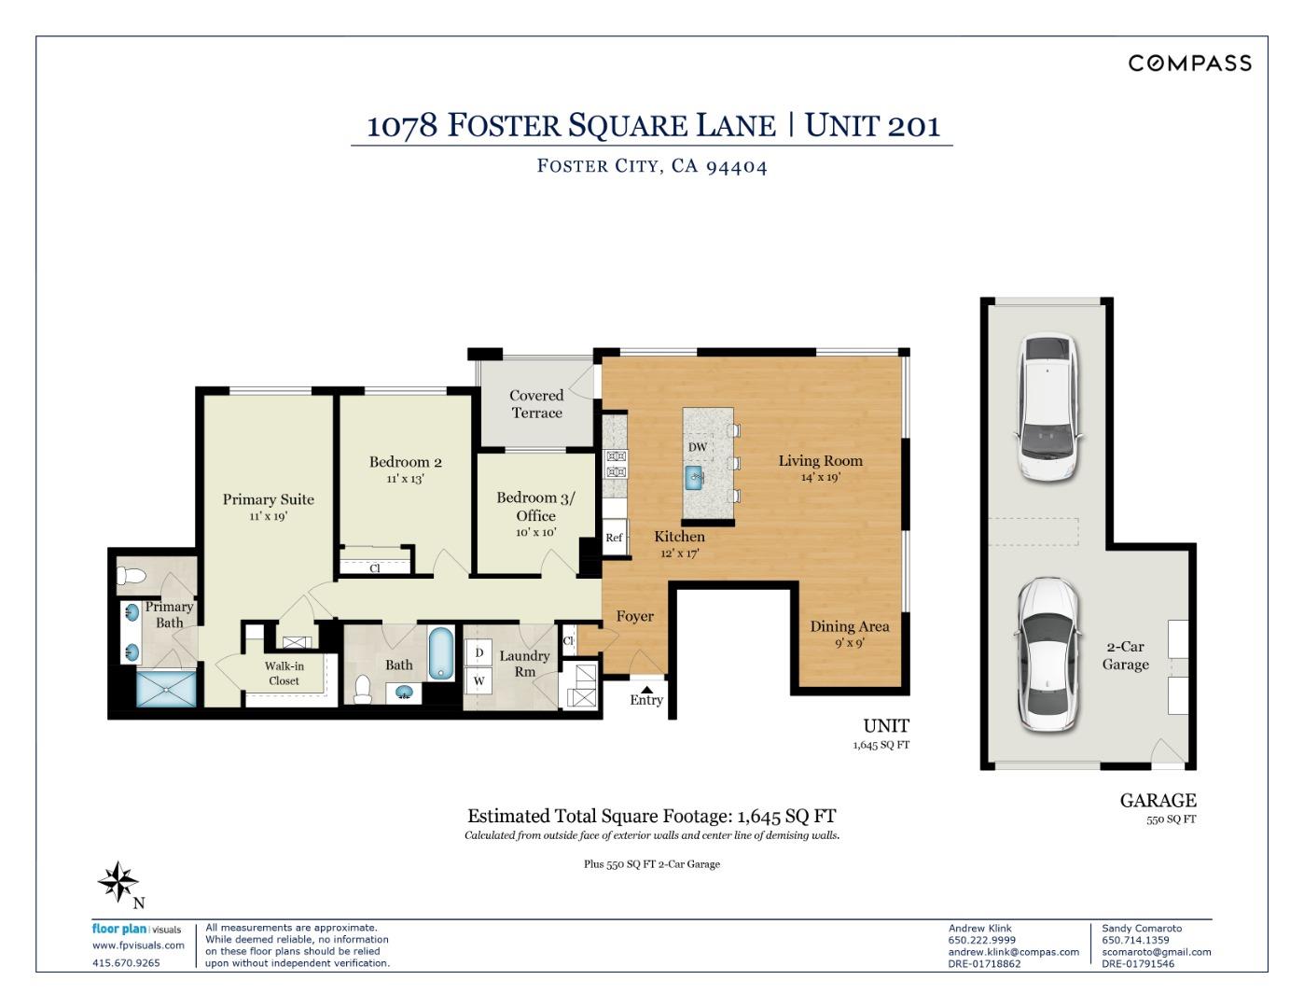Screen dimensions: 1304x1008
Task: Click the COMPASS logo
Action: tap(1189, 63)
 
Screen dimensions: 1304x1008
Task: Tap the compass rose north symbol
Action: tap(119, 883)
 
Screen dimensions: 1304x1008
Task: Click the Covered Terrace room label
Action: tap(536, 404)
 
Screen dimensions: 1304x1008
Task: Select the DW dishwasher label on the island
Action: tap(698, 447)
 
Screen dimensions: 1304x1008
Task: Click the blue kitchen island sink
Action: tap(694, 478)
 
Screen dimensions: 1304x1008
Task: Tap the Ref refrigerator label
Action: tap(614, 538)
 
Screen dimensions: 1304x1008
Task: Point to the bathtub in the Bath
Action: tap(441, 654)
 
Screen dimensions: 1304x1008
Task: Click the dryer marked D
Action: tap(479, 653)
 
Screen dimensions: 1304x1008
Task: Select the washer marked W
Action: tap(479, 681)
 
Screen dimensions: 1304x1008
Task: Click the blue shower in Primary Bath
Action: tap(166, 689)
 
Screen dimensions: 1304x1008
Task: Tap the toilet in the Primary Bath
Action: tap(132, 577)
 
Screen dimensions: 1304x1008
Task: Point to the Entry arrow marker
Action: tap(646, 690)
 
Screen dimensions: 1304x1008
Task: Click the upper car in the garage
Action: tap(1047, 408)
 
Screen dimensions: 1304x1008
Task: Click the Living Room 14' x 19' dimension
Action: tap(821, 477)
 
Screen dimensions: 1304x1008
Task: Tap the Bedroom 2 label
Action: tap(406, 462)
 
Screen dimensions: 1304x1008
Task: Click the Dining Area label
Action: tap(850, 627)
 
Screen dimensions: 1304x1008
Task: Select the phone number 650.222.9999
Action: tap(982, 940)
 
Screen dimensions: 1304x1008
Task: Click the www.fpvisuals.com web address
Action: tap(138, 945)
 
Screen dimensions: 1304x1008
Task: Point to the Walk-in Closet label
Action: tap(284, 674)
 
